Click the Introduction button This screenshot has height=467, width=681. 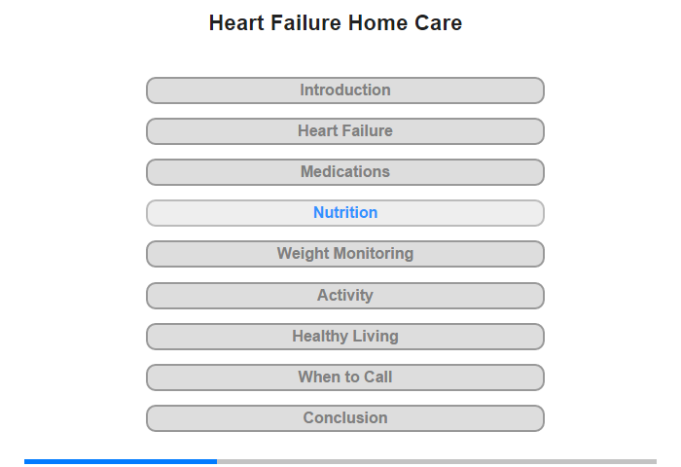[345, 90]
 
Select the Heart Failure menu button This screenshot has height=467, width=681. [345, 131]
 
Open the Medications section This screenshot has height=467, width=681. [345, 172]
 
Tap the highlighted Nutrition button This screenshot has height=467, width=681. [345, 213]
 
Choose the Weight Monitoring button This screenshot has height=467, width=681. [345, 254]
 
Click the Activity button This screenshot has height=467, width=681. [345, 296]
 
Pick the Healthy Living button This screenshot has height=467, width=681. [345, 337]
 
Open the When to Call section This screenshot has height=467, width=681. [345, 377]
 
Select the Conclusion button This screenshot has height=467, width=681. [345, 418]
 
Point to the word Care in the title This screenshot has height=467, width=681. [438, 23]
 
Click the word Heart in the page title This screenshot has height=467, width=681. [236, 23]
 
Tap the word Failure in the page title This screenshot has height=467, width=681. [305, 23]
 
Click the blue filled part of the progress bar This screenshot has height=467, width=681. [121, 461]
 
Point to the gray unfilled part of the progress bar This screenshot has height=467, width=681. [437, 461]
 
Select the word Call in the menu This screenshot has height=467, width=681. [377, 377]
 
